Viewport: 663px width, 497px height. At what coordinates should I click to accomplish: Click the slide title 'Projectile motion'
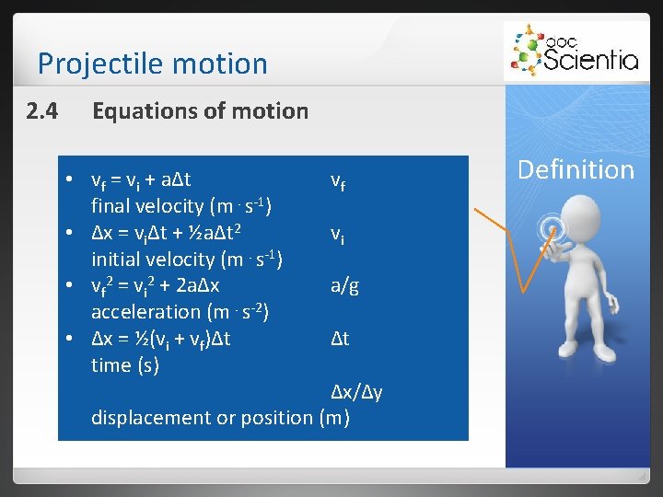152,64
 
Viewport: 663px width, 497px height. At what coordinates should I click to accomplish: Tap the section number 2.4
42,111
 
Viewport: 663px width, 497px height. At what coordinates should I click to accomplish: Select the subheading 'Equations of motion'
200,111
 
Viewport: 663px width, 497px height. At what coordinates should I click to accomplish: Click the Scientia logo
575,52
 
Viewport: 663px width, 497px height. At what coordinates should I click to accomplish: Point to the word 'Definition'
576,169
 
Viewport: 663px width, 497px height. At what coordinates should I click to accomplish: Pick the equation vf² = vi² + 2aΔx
155,285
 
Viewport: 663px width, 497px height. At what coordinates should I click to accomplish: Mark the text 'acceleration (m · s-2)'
180,312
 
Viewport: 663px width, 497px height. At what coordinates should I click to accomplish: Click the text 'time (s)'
125,365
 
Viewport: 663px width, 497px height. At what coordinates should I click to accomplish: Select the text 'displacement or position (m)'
220,418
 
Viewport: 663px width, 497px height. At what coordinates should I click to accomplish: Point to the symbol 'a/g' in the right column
344,286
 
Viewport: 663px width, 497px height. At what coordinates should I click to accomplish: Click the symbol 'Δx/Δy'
357,392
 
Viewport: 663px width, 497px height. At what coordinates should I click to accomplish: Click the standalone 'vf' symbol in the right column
339,181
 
